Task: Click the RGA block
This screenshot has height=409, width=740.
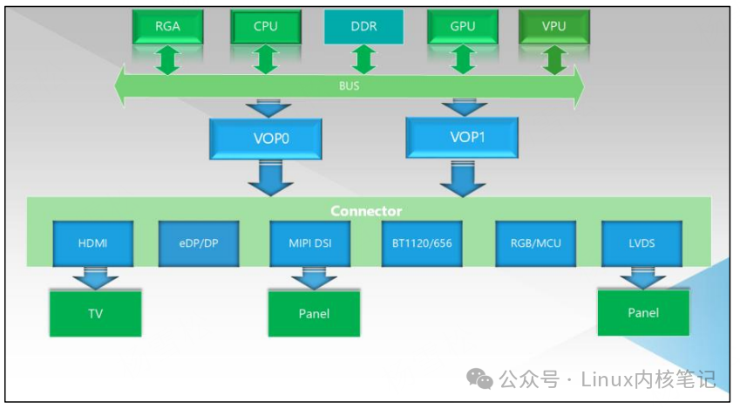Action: click(167, 26)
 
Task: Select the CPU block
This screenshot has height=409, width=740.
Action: click(266, 26)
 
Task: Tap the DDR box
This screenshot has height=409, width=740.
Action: click(364, 26)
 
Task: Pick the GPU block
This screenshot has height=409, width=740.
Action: click(463, 26)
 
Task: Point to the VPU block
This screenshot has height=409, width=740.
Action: click(553, 26)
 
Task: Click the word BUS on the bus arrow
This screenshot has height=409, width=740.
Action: click(349, 87)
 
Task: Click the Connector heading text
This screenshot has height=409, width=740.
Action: click(366, 211)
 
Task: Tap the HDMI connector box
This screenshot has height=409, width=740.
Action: click(92, 243)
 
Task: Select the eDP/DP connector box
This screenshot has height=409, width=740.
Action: click(199, 243)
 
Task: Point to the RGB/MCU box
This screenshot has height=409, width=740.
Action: click(536, 243)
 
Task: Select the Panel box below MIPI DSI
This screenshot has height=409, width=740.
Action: click(313, 313)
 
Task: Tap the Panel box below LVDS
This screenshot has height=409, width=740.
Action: click(643, 312)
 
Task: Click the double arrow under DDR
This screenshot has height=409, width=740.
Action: click(364, 59)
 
